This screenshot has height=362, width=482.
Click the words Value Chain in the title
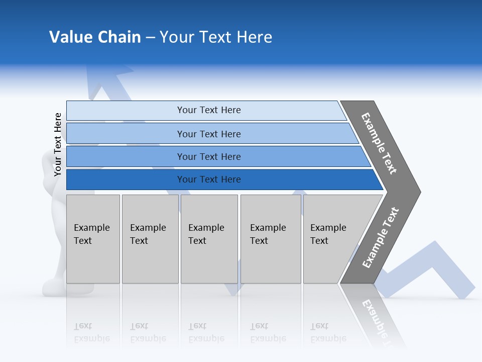(95, 37)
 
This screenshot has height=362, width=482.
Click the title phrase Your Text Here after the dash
(216, 37)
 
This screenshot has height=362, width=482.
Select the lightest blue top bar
(126, 111)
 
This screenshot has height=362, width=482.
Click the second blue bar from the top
(126, 134)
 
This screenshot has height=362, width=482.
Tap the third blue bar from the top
(126, 156)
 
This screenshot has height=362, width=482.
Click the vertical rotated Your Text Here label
(58, 144)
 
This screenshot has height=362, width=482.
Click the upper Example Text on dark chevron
(379, 143)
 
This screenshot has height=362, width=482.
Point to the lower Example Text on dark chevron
(380, 237)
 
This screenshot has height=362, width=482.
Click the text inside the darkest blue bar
(209, 179)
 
